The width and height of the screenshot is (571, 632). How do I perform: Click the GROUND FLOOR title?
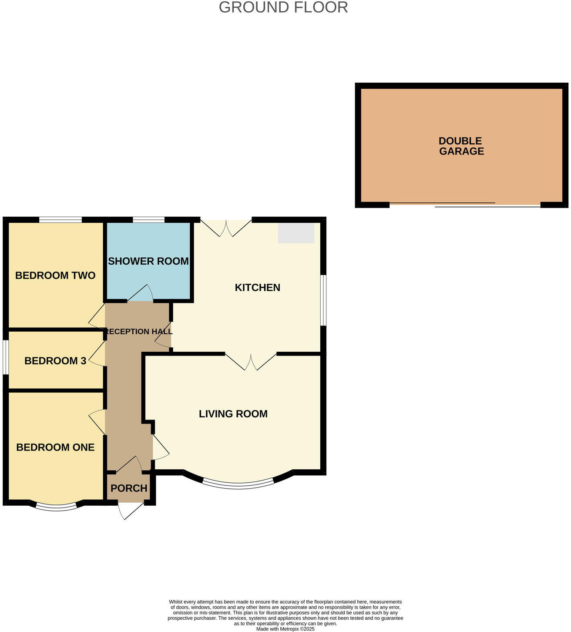[283, 7]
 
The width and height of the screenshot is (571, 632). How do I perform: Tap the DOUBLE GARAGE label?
[461, 146]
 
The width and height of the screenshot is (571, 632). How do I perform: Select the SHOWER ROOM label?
[148, 261]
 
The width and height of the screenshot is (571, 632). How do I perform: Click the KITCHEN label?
[257, 288]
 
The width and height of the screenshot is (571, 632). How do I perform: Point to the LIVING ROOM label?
[233, 414]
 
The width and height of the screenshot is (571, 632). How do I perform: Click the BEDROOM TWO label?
[55, 276]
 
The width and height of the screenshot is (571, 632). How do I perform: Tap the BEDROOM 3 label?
[55, 361]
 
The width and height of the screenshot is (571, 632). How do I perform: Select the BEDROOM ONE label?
[55, 447]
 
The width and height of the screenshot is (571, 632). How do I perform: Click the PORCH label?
[129, 488]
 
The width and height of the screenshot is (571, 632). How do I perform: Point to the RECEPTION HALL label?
[139, 332]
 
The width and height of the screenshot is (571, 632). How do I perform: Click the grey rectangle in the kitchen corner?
[296, 233]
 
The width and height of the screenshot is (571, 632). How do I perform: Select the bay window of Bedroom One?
[56, 507]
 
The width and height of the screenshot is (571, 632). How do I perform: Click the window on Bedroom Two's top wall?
[60, 220]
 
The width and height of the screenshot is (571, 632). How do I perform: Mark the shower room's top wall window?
[148, 220]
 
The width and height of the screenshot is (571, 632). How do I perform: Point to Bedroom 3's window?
[5, 357]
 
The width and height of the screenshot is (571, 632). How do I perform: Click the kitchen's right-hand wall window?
[323, 300]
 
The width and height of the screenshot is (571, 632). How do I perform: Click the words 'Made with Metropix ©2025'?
[285, 629]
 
